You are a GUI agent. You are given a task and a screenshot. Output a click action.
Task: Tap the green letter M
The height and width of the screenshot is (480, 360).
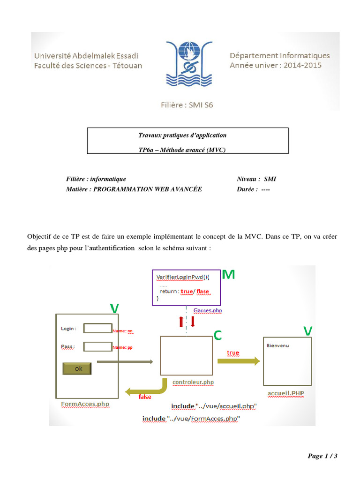click(x=228, y=275)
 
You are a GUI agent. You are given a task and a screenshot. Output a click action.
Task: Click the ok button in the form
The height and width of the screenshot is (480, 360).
click(x=77, y=369)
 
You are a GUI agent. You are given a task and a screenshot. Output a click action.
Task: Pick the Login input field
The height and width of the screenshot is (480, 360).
click(x=97, y=328)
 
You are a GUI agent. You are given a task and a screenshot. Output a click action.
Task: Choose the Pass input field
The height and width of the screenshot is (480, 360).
click(x=97, y=346)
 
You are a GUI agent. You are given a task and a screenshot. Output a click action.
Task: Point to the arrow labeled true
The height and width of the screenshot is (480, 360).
click(x=239, y=361)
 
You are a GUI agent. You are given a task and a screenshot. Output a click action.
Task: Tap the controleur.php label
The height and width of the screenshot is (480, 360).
click(x=193, y=382)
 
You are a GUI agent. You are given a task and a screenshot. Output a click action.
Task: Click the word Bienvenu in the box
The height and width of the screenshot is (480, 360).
click(x=278, y=346)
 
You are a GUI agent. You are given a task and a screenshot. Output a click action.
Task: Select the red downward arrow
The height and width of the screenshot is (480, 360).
click(x=193, y=322)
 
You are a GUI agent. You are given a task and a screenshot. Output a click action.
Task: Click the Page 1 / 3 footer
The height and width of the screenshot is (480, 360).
click(x=322, y=456)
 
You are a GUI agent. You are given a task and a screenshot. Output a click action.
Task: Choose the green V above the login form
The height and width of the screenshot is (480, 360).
click(x=114, y=308)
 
